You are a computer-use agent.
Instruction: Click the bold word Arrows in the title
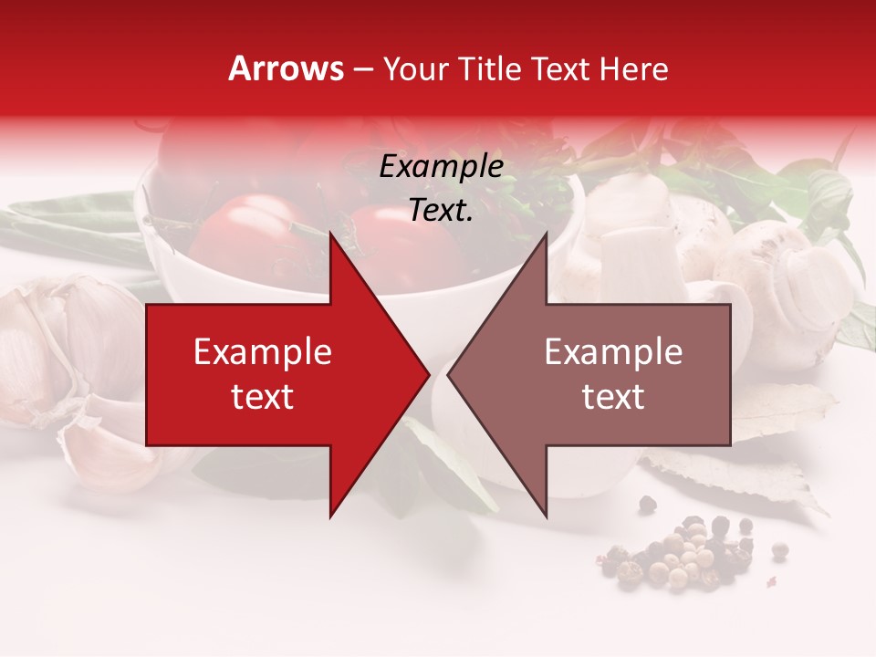tap(286, 68)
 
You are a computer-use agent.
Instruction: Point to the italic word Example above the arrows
tap(441, 167)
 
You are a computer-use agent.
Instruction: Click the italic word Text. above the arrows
tap(441, 211)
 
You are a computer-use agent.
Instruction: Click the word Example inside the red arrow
tap(262, 352)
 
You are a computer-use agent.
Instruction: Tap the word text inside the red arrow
tap(262, 397)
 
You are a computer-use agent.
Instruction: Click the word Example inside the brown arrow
tap(613, 352)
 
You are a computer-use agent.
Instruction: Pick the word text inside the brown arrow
tap(613, 397)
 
